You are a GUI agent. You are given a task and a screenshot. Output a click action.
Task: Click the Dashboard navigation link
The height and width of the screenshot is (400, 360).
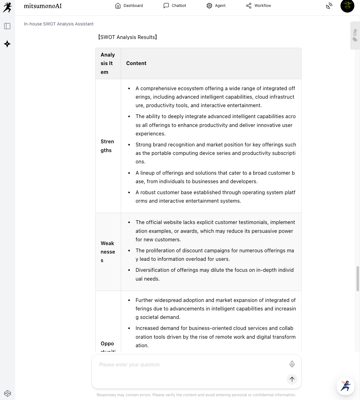point(129,6)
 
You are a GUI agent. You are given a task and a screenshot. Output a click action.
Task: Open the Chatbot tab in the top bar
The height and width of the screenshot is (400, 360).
point(175,6)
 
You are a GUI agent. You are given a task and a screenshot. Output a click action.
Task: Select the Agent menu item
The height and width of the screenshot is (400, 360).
point(216,6)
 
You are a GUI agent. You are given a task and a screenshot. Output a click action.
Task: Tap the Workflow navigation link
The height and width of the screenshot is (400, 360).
point(258,6)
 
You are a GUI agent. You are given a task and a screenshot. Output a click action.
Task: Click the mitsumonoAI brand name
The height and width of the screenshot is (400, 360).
point(43,6)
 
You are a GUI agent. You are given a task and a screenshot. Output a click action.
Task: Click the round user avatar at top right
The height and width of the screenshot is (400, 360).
point(347,6)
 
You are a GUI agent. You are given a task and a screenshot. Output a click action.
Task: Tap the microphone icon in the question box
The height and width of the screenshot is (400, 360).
point(292,364)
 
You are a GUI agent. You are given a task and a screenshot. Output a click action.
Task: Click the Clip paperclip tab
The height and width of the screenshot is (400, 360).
point(355,35)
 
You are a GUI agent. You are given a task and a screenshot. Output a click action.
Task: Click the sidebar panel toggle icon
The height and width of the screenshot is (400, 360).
point(7,26)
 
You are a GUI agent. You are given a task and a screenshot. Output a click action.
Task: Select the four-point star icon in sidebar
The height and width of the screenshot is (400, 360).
point(7,44)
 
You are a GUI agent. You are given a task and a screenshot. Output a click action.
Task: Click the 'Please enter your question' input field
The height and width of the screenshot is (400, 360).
point(189,364)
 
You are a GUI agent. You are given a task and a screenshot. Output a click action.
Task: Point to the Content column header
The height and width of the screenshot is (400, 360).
point(136,63)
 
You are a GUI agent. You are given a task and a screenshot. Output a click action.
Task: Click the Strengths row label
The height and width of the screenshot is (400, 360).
point(108,146)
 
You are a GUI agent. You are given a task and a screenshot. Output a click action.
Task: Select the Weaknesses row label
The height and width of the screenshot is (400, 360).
point(108,252)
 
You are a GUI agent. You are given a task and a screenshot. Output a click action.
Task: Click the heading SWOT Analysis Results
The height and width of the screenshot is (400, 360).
point(127,37)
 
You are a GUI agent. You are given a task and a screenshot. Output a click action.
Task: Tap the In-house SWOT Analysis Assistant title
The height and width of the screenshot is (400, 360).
point(59,24)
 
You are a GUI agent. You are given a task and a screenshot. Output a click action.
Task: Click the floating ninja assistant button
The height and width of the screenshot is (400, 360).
point(346,386)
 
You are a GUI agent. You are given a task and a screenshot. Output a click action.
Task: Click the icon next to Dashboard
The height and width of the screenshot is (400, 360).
point(118,6)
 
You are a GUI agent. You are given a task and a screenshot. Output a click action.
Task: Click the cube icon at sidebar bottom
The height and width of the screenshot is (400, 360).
point(8,393)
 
